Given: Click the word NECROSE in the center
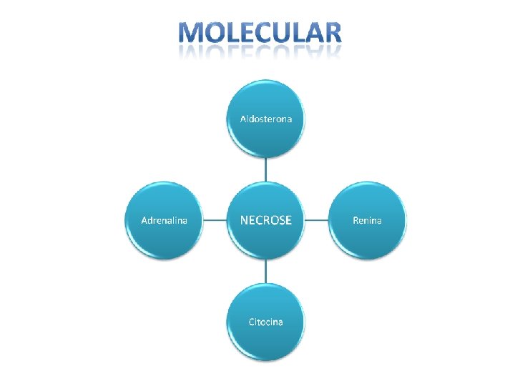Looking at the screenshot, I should point(265,220).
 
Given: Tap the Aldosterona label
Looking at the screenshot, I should point(265,119).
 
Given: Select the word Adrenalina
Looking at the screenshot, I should point(165,220).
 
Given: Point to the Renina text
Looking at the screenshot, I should point(367,220).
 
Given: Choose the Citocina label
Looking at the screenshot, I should point(265,322).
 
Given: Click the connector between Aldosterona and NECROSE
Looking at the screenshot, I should point(265,169).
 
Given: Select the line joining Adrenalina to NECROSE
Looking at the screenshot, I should point(215,220).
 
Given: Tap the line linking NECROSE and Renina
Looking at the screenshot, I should point(316,220).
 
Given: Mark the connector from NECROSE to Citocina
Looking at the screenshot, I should point(265,271).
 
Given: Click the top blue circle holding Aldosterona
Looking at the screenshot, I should point(265,136).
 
